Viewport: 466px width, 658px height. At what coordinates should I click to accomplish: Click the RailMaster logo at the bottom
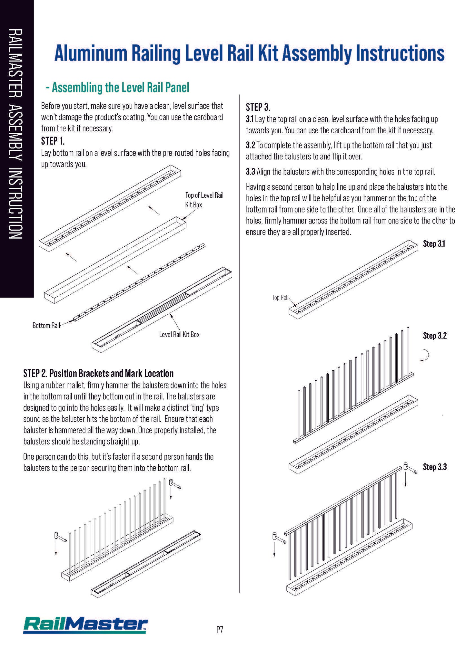coord(85,625)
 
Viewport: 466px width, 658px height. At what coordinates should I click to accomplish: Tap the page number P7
coord(220,630)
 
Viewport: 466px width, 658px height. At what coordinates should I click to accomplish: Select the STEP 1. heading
coord(53,141)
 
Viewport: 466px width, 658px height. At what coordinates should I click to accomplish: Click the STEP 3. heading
coord(258,107)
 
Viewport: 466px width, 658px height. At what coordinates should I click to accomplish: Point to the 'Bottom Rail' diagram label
coord(46,326)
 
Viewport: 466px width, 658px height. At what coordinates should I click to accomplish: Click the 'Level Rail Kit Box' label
coord(179,335)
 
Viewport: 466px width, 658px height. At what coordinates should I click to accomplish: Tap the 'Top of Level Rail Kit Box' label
coord(204,200)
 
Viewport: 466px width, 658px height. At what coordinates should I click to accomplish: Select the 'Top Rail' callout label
coord(280,298)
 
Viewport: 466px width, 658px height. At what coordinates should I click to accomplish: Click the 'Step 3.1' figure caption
coord(434,244)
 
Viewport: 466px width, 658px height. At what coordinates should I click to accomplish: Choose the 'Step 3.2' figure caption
coord(435,336)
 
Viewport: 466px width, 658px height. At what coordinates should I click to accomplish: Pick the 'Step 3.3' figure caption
coord(435,467)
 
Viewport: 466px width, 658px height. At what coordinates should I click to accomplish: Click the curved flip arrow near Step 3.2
coord(425,355)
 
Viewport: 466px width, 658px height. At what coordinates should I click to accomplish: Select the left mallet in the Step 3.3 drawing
coord(279,538)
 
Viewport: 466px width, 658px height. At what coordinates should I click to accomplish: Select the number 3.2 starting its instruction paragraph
coord(251,145)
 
